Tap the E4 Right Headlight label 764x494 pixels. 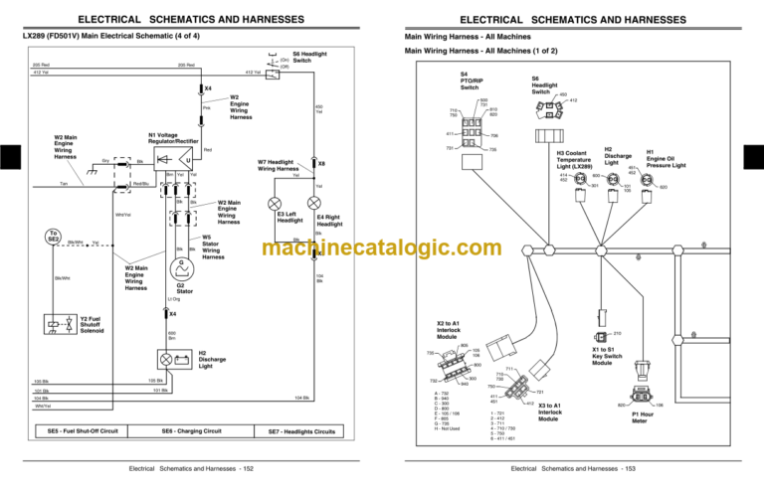[329, 221]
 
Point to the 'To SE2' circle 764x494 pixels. [53, 239]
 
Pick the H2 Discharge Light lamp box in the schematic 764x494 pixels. [165, 357]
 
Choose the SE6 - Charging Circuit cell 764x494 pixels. [191, 431]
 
